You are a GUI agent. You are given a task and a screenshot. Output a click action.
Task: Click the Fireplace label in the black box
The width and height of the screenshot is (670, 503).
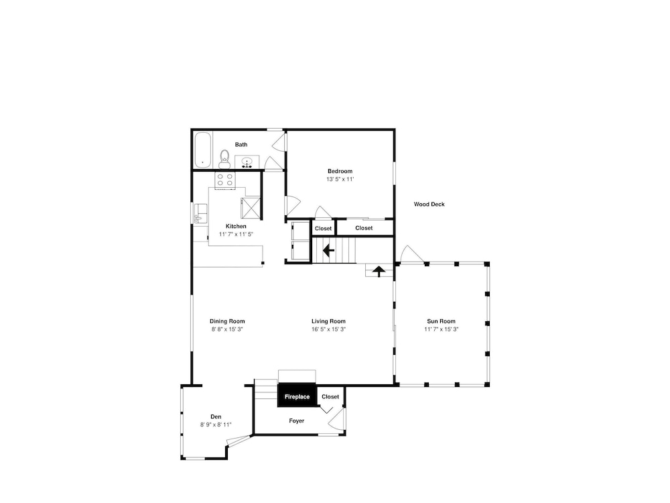297,397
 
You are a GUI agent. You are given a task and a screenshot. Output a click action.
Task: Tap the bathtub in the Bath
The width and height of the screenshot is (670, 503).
202,150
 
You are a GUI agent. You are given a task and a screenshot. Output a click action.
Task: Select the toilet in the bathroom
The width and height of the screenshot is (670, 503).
224,159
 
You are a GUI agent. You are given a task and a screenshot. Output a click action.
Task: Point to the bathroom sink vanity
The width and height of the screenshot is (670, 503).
247,162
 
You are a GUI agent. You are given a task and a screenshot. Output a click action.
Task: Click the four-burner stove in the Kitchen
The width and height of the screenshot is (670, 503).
224,180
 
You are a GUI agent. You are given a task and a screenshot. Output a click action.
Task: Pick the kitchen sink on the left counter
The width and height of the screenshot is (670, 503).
200,213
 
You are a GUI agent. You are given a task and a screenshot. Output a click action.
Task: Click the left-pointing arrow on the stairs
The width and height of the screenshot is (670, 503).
328,249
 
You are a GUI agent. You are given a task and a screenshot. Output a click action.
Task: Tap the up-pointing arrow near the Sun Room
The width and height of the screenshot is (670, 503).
379,271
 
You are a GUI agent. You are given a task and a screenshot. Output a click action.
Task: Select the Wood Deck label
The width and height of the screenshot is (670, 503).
429,205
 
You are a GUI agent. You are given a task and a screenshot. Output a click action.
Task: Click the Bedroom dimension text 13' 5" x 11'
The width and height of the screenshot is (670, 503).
340,179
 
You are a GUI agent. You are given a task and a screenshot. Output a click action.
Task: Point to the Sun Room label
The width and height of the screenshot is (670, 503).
441,321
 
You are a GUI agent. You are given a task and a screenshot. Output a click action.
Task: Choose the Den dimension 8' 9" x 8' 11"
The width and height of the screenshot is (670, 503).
216,425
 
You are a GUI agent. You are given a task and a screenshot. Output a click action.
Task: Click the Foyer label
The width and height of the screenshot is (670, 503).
297,421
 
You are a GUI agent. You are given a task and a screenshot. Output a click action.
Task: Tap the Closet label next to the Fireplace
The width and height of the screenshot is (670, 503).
330,397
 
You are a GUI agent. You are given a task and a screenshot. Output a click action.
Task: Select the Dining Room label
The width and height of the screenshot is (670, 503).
227,321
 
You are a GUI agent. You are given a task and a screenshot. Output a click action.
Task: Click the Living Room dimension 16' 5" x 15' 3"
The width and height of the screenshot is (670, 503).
328,329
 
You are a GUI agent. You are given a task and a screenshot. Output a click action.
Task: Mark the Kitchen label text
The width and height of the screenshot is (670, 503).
236,226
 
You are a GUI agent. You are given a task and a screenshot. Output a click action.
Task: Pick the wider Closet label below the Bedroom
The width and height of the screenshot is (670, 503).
364,229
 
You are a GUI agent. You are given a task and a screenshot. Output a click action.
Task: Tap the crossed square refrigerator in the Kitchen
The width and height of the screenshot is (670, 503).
251,207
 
